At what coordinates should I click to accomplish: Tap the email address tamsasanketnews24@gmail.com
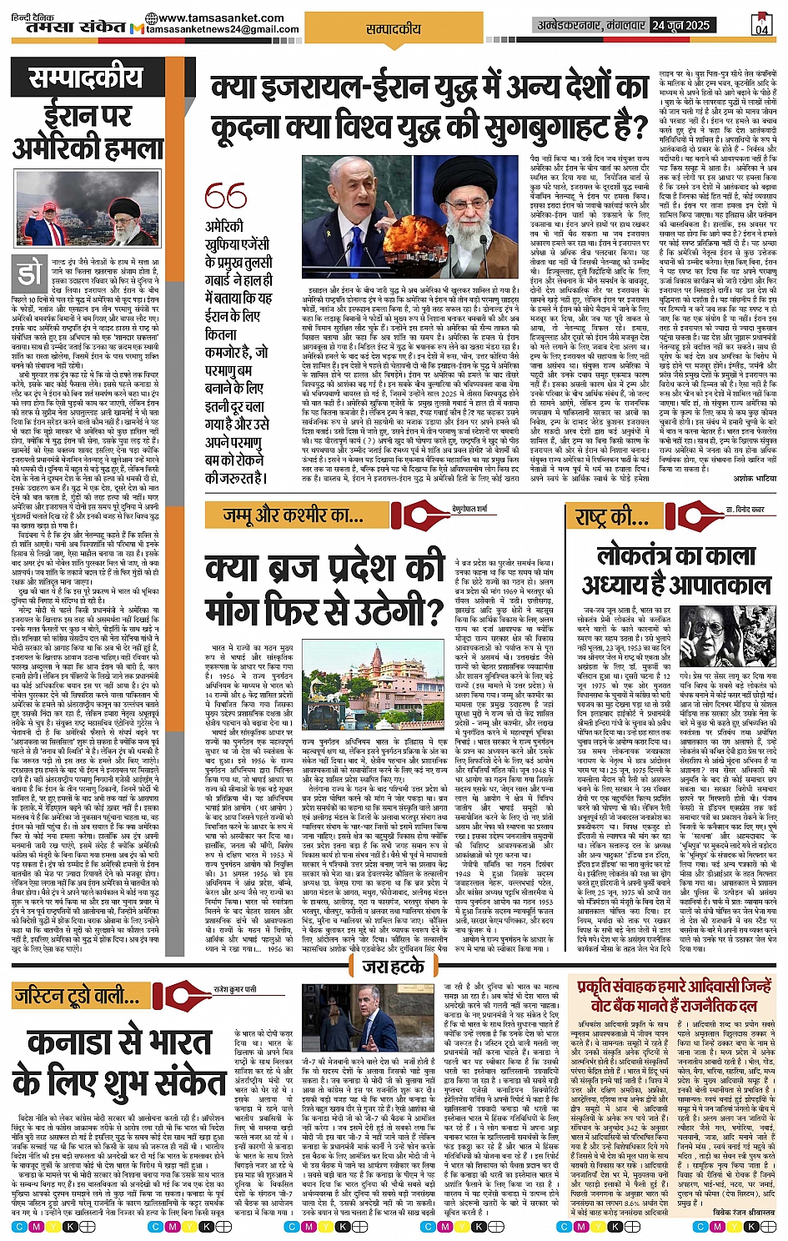222,29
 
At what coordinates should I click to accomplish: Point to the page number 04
761,26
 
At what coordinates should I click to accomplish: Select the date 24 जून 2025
681,25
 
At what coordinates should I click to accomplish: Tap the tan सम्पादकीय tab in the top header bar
394,28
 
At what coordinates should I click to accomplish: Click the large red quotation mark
225,197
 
